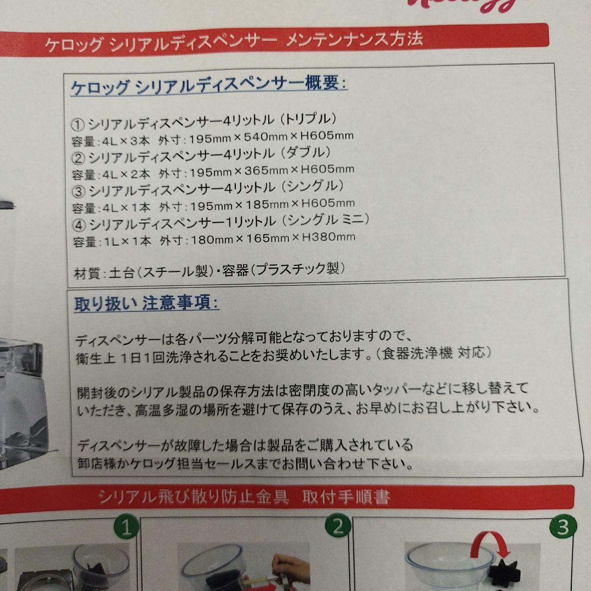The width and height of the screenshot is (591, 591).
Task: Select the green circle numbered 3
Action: (x=563, y=527)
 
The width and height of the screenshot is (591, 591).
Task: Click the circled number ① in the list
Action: (x=78, y=125)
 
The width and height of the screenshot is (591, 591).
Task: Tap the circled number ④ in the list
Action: (x=79, y=226)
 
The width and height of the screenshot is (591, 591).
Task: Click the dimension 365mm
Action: (x=266, y=171)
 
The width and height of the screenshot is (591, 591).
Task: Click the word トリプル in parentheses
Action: (x=310, y=119)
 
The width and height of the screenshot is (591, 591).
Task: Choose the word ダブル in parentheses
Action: (x=308, y=153)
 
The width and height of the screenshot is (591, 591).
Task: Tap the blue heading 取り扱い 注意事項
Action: (x=146, y=303)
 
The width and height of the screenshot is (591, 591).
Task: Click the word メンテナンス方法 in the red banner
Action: (x=354, y=39)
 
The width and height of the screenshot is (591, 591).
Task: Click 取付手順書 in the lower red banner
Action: (x=346, y=497)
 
